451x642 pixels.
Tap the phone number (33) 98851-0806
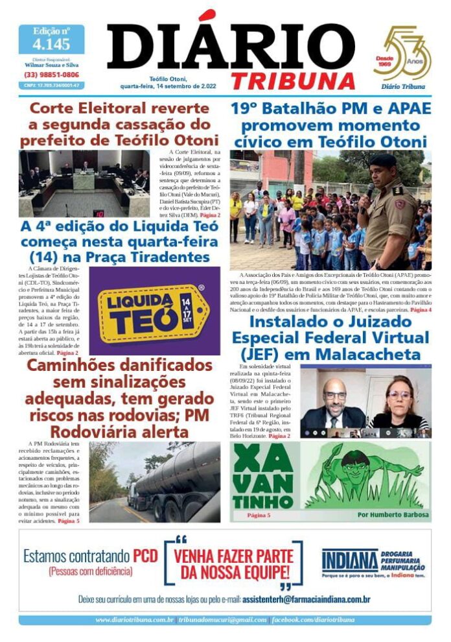click(51, 75)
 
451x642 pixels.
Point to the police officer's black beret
click(383, 161)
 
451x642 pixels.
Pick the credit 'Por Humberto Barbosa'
click(393, 515)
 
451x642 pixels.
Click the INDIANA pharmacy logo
click(350, 561)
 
